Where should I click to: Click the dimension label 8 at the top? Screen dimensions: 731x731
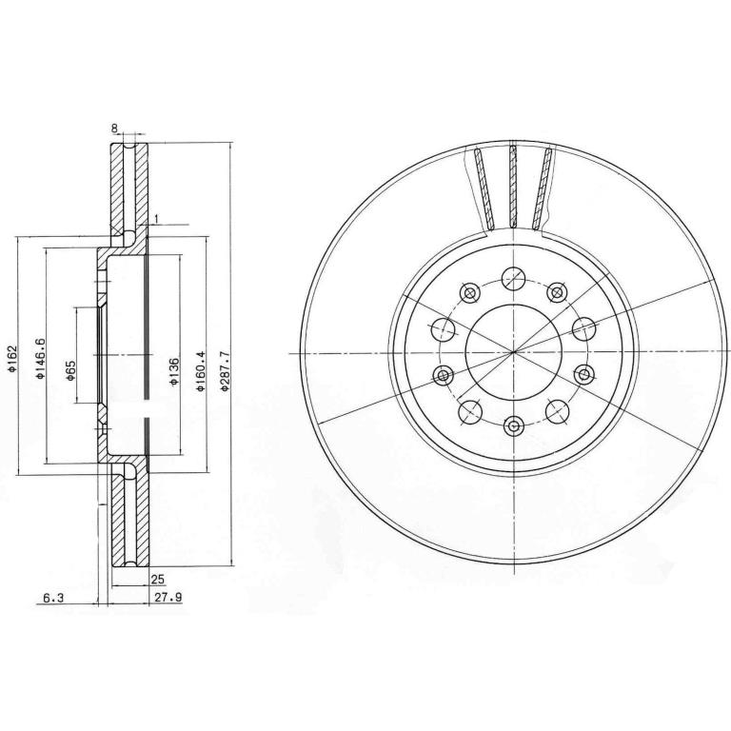point(114,128)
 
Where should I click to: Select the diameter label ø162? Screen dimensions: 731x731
point(11,358)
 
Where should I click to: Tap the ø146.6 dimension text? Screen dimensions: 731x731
point(41,358)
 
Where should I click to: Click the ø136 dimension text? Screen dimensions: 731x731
point(173,372)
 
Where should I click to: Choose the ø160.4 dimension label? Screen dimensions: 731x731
point(201,371)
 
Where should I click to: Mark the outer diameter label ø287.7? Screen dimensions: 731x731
point(226,371)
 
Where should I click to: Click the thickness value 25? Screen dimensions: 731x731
point(158,580)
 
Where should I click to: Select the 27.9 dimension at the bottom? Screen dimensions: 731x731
point(168,597)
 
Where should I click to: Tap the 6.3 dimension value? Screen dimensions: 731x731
point(53,597)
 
